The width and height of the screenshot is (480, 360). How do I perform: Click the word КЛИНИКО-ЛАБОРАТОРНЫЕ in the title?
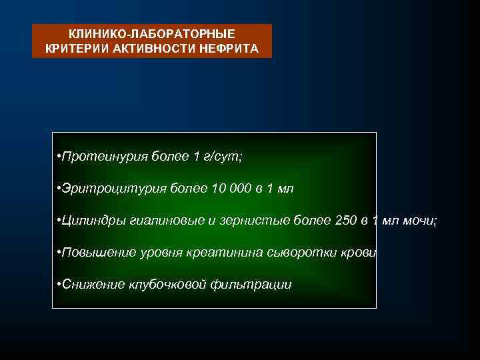pos(152,34)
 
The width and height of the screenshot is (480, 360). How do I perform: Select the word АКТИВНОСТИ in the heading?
pos(147,49)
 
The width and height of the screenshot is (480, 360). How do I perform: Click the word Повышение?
pos(98,253)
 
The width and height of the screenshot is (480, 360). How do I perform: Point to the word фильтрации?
pos(251,285)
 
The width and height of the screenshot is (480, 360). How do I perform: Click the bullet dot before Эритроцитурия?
pos(60,189)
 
